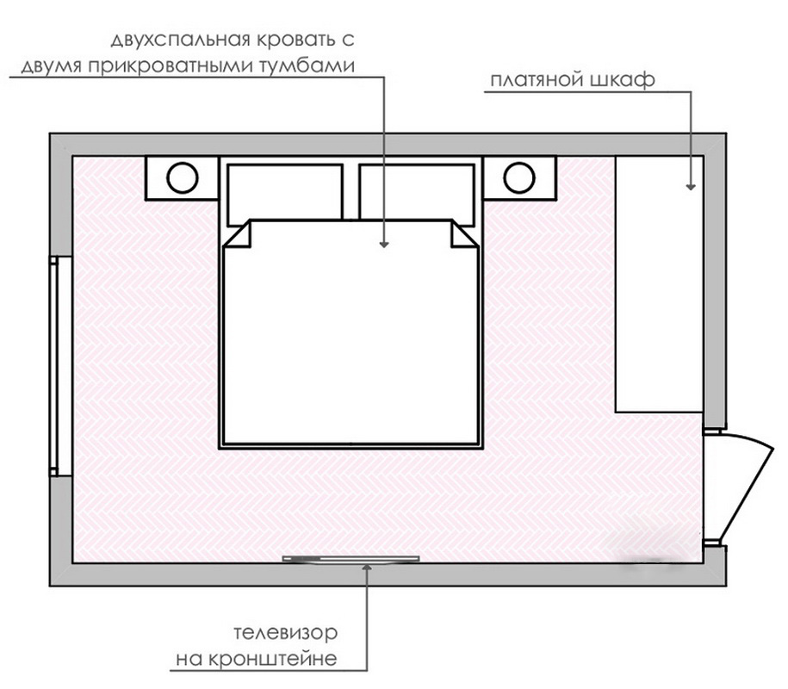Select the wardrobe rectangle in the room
pos(659,284)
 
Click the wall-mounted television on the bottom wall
pos(351,558)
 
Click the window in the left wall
pos(54,366)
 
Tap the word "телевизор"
pos(285,632)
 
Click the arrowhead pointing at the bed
pos(384,245)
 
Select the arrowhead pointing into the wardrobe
pos(691,186)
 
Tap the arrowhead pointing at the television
pos(368,567)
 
